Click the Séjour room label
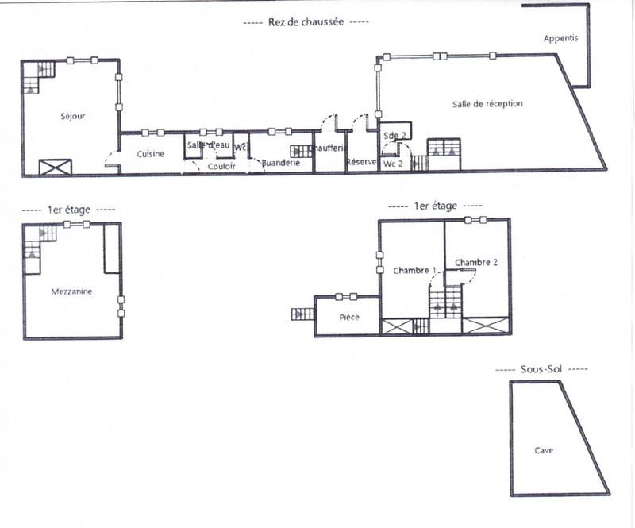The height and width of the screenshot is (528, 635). [72, 117]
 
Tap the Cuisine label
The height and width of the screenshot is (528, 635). [150, 154]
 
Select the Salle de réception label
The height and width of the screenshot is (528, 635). [487, 104]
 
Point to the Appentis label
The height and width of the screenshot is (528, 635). [561, 38]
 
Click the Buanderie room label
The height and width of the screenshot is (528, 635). [281, 163]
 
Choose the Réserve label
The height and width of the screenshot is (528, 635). [361, 163]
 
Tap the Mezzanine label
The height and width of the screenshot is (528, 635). [71, 291]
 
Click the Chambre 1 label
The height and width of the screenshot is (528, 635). [414, 271]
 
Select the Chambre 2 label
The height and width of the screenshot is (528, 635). [476, 263]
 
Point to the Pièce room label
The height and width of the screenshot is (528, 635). [349, 318]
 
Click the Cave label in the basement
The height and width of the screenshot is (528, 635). [544, 450]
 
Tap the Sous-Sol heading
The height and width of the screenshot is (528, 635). [542, 370]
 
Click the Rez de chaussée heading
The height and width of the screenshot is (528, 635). [305, 23]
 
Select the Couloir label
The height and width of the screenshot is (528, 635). [221, 166]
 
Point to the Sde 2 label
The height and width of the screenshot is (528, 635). [394, 136]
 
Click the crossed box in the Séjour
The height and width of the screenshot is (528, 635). [56, 167]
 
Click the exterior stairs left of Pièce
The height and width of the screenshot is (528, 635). [302, 314]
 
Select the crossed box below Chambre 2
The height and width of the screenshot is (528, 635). [483, 326]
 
